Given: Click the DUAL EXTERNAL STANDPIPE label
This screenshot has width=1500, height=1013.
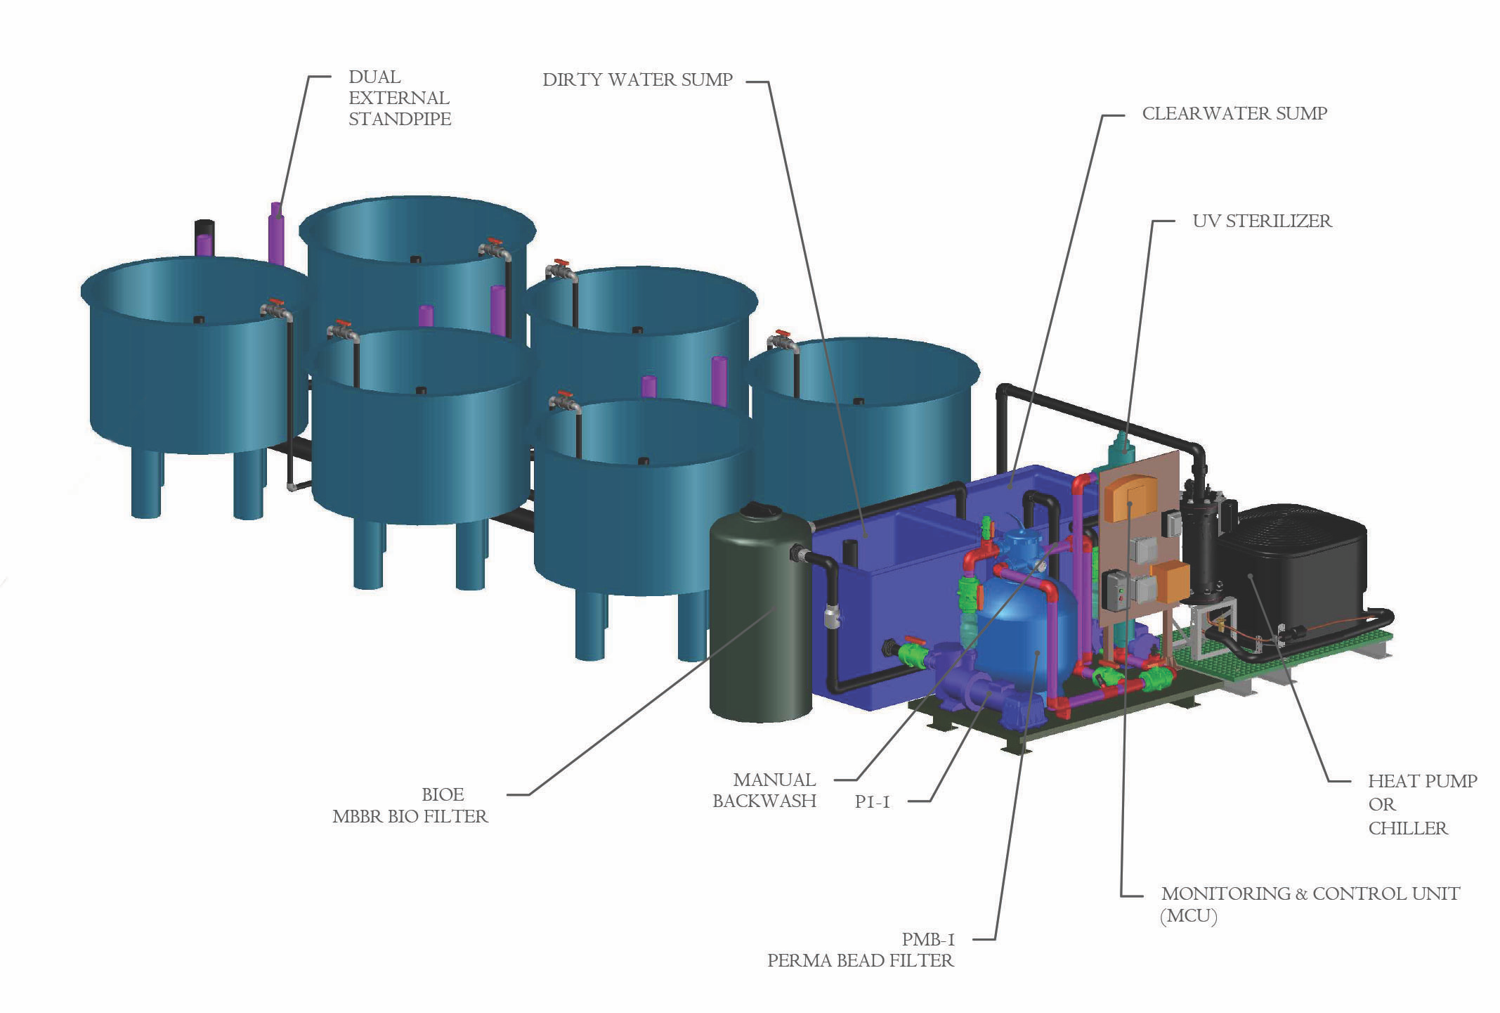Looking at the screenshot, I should (399, 98).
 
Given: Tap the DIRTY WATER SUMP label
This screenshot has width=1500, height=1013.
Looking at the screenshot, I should (637, 79).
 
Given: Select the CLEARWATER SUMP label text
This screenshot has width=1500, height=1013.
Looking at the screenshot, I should (1234, 113).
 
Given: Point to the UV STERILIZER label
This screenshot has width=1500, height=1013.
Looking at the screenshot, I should (1262, 221).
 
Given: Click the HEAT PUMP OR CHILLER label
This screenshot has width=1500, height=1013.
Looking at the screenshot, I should (1421, 804).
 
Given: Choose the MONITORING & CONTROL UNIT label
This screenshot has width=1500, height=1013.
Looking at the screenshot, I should (1310, 893).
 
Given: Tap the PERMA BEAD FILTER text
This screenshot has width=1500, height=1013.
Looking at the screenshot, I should (860, 960).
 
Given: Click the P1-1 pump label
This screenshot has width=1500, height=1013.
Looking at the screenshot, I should (872, 801).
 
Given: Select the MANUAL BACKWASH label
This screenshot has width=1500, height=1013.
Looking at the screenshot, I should (764, 790).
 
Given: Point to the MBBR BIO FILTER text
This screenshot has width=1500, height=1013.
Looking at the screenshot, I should (410, 816).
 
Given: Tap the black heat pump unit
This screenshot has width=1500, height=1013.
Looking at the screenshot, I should (1293, 562).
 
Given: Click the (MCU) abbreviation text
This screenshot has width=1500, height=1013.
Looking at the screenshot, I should (1189, 916).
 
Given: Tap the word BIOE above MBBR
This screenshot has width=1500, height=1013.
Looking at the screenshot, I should (443, 794).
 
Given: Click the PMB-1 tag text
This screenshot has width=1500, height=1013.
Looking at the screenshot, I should (928, 939).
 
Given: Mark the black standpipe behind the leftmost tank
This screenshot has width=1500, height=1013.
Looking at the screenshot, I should (204, 228).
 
